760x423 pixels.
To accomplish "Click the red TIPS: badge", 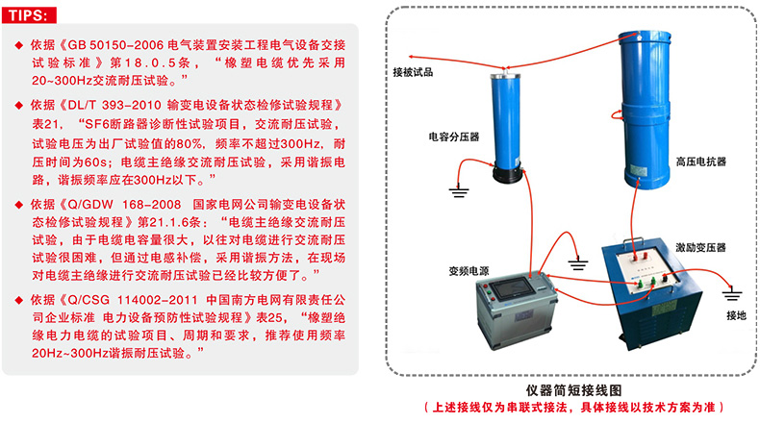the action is [x=29, y=15].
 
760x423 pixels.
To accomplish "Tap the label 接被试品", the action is [x=413, y=73].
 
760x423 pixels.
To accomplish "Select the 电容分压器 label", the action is [x=454, y=137].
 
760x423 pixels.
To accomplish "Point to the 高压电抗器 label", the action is [x=701, y=162].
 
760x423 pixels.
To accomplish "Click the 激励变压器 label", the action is [x=701, y=248].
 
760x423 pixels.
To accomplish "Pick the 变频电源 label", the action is [x=469, y=271].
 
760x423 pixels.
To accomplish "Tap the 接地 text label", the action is [x=736, y=315].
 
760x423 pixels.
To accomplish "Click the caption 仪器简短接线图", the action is [x=574, y=390].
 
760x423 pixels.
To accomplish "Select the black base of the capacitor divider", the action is [x=508, y=173].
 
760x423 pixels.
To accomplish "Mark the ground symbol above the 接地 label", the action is [x=732, y=294].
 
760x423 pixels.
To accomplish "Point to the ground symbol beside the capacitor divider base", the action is [x=459, y=191].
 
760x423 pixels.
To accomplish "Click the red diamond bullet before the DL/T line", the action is [x=19, y=105].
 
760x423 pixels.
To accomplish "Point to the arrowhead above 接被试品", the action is [x=412, y=57].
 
